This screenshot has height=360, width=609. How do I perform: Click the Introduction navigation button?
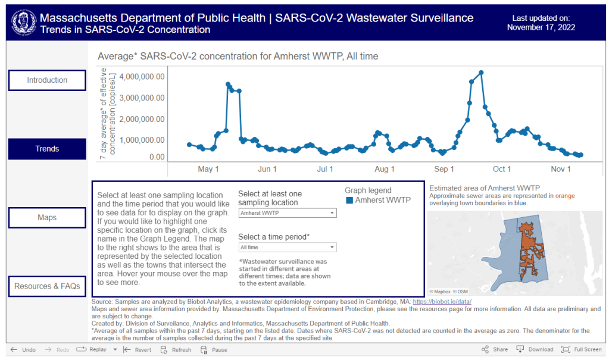point(47,80)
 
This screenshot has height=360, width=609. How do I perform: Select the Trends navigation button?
point(47,149)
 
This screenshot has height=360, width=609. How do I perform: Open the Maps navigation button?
point(47,218)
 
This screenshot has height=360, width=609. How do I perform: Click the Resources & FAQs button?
point(47,286)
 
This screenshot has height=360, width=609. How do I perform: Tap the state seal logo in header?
point(23,22)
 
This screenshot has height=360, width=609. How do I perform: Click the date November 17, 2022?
point(541,27)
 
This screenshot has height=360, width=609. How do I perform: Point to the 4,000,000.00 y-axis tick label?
point(142,77)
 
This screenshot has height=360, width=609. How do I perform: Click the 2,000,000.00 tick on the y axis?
point(142,119)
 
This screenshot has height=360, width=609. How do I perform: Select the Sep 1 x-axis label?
point(444,170)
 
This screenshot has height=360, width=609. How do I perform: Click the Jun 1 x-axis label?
point(267,170)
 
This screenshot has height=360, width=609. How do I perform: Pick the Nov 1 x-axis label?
point(560,170)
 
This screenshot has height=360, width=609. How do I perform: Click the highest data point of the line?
point(481,73)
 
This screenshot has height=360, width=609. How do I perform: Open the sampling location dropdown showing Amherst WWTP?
point(287,213)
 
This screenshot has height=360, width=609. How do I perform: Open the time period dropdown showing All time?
point(287,248)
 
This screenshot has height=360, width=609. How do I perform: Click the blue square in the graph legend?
point(349,201)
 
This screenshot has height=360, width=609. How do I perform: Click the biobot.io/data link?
point(446,302)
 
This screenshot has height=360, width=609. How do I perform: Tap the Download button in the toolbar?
point(535,350)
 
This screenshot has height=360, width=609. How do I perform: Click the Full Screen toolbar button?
point(582,350)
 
